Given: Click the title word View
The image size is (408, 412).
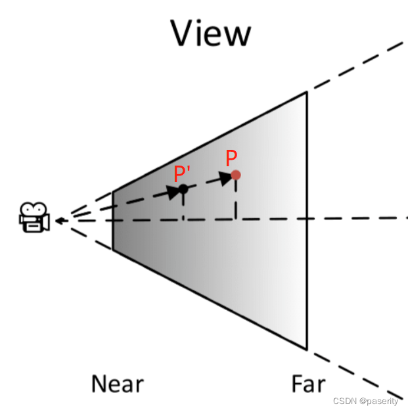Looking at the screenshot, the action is click(x=210, y=34).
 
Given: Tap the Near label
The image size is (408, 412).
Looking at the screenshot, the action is click(x=117, y=384).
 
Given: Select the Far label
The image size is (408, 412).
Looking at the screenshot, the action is click(x=308, y=384).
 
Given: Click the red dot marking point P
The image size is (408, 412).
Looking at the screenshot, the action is click(x=236, y=175).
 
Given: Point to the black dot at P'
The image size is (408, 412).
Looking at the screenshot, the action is click(x=183, y=189).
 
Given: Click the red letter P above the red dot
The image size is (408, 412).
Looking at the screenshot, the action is click(x=231, y=158).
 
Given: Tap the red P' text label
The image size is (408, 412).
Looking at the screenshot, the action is click(x=182, y=173).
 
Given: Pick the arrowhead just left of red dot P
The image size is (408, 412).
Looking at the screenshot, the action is click(x=227, y=178).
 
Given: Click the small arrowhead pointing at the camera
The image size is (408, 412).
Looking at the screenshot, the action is click(x=59, y=221).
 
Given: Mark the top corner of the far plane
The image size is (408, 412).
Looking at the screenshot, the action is click(x=306, y=92).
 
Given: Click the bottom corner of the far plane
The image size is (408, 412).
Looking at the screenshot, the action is click(x=306, y=348).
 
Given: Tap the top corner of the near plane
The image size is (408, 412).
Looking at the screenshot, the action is click(x=113, y=192).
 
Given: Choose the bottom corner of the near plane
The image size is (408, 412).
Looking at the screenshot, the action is click(x=113, y=250).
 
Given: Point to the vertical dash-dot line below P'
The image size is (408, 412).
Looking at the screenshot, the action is click(x=183, y=206).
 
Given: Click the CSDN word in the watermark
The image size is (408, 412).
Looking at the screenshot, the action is click(x=344, y=401).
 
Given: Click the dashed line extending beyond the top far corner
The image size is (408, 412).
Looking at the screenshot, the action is click(x=355, y=67).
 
